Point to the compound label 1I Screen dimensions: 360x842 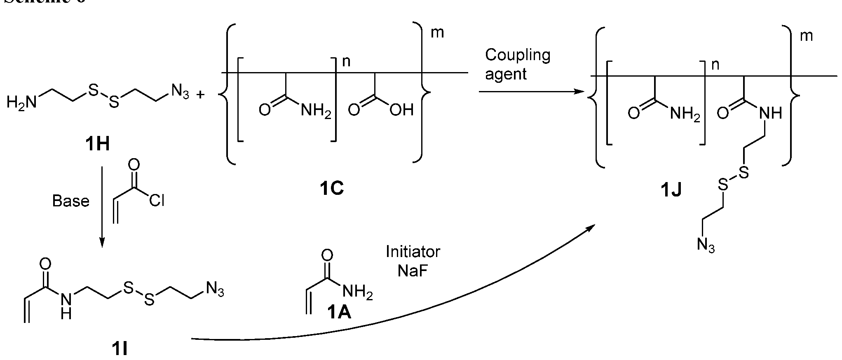click(120, 349)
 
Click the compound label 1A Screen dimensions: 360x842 click(340, 313)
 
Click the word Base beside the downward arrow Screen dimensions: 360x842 click(71, 201)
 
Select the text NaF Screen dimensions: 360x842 click(413, 271)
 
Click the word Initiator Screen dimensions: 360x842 click(413, 251)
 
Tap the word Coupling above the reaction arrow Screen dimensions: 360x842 click(518, 55)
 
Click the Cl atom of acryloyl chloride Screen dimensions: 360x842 click(157, 201)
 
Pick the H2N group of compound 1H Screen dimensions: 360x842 click(21, 102)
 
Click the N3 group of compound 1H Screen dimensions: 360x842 click(180, 91)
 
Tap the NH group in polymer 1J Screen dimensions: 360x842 click(769, 112)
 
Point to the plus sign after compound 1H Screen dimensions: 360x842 click(201, 95)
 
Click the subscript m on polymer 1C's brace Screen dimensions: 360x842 click(437, 33)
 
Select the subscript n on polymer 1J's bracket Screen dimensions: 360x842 click(715, 65)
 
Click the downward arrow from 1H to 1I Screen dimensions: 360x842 click(102, 206)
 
